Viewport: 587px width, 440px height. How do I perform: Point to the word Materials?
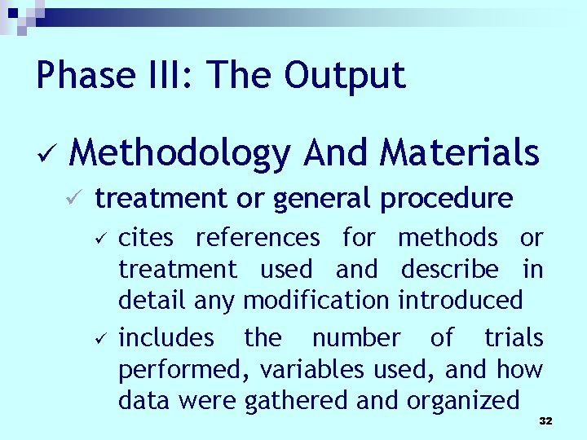461,152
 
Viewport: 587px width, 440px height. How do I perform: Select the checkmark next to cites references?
98,238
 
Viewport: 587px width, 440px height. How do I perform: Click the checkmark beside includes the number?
98,338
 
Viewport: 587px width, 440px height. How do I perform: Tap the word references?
258,238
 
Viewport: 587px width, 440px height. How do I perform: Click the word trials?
514,337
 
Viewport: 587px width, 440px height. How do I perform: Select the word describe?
449,269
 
